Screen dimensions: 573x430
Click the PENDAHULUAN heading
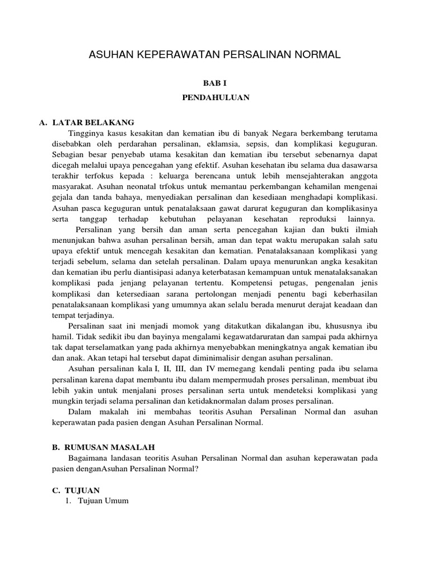click(215, 97)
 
